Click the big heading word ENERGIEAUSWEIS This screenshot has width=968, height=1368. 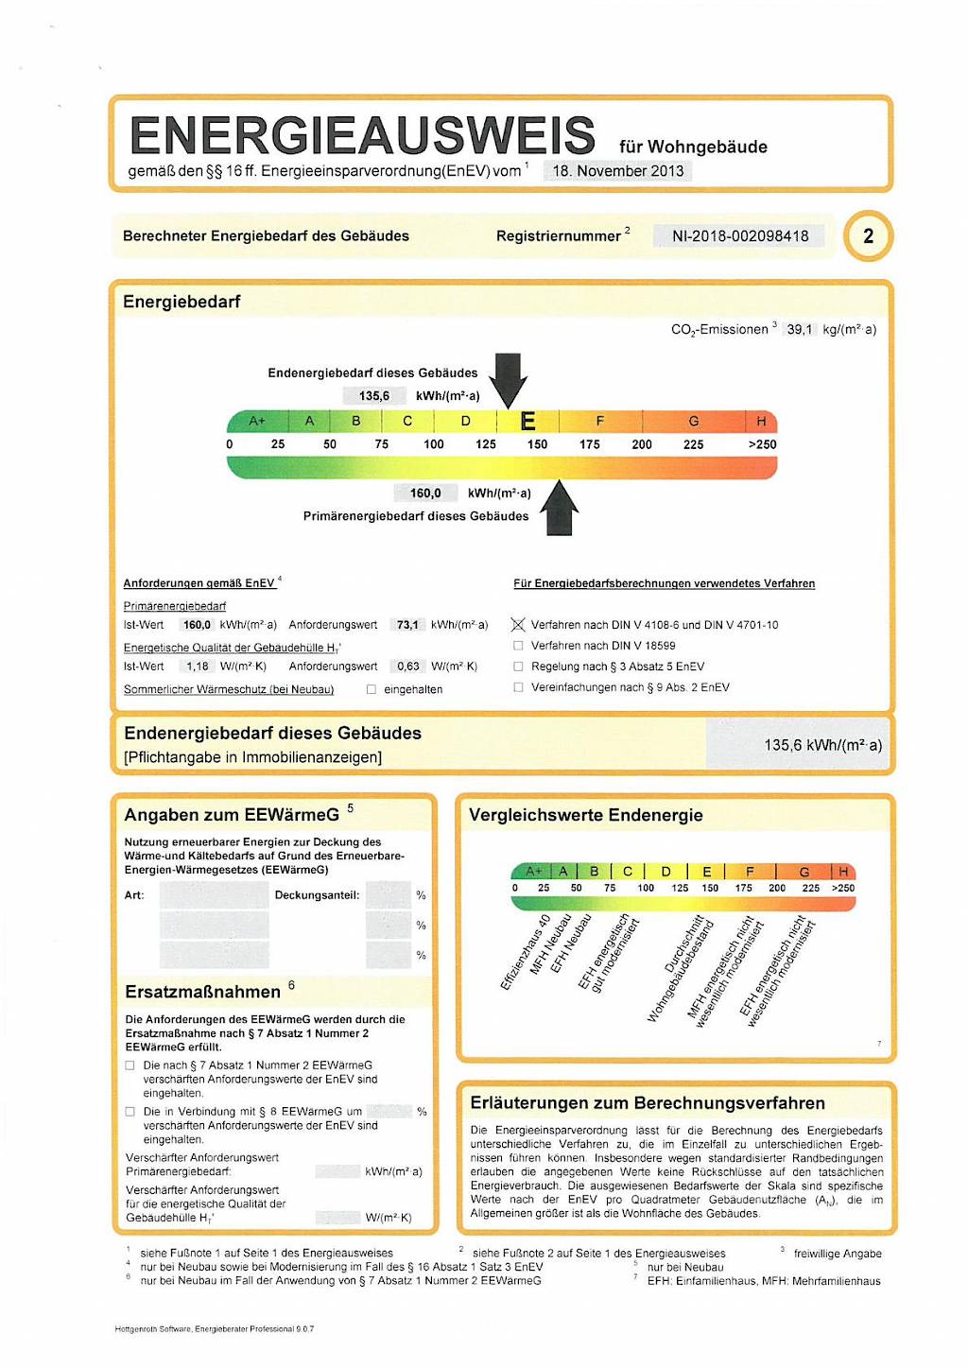click(362, 135)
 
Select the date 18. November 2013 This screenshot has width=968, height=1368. click(617, 171)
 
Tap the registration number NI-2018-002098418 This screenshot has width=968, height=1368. click(739, 236)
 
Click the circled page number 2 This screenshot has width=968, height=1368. click(868, 235)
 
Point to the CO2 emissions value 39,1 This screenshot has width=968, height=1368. click(799, 330)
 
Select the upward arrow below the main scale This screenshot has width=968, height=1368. click(560, 509)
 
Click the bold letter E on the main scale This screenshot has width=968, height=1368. click(527, 422)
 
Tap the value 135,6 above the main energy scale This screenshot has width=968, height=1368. click(373, 396)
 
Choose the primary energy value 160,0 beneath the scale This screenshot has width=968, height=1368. click(424, 494)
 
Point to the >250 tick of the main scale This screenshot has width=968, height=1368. click(762, 444)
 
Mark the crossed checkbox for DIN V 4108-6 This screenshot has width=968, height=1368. click(518, 625)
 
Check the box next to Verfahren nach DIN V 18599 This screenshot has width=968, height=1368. click(518, 646)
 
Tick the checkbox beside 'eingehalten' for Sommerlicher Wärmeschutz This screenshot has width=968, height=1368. click(372, 689)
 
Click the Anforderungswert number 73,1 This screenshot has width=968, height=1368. click(407, 625)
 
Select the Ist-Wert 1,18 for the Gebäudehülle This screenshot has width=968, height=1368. click(197, 667)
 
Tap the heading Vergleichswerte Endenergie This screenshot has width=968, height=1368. click(585, 815)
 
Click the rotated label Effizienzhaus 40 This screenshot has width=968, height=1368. click(526, 953)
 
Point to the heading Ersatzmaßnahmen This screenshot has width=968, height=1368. click(202, 992)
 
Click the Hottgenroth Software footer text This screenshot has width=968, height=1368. click(214, 1329)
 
